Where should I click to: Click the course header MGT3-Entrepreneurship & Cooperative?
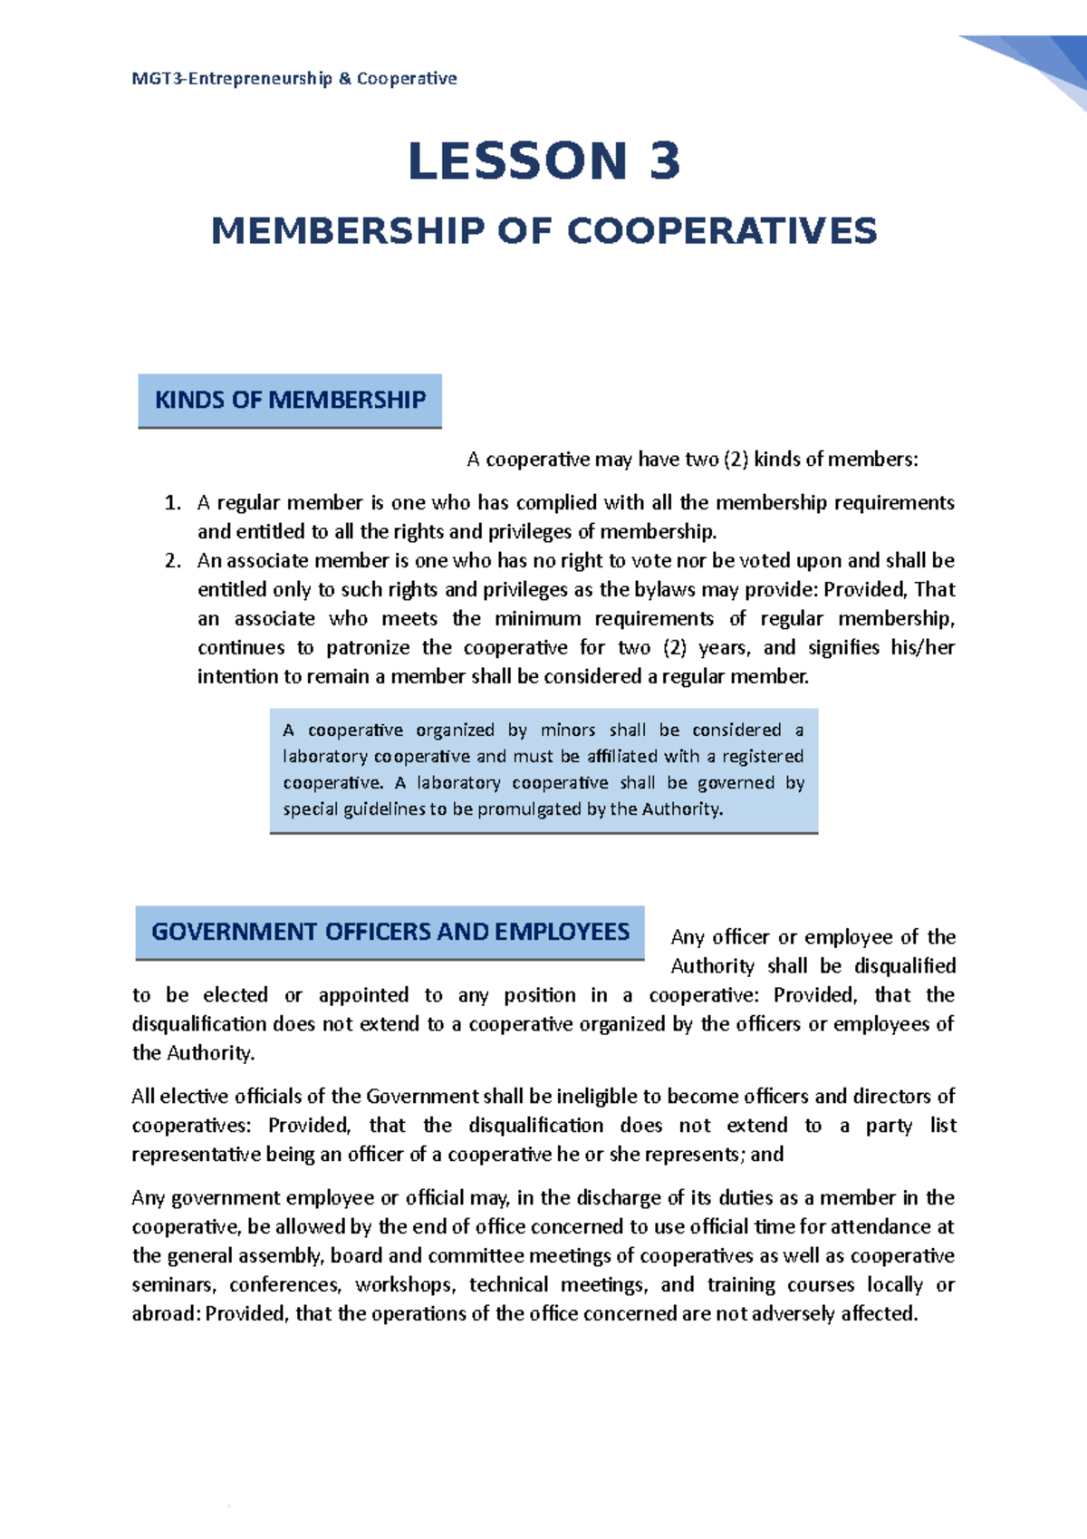293,79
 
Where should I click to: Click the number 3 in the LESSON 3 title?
664,161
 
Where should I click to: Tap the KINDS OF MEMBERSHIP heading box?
290,400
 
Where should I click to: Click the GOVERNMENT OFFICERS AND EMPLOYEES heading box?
390,932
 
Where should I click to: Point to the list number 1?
173,503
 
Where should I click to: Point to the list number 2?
173,561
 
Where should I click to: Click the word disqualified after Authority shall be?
905,966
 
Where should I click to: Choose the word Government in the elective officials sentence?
421,1097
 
